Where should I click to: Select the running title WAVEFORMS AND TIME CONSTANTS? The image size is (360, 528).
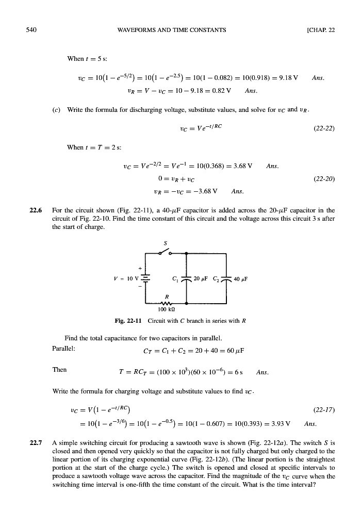coord(172,29)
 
